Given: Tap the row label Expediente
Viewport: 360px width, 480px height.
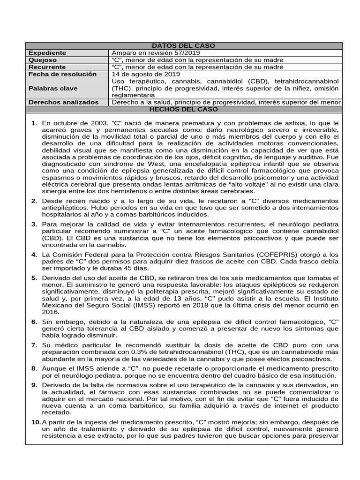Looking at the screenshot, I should tap(48, 53).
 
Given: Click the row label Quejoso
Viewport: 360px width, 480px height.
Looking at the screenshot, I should tap(43, 60).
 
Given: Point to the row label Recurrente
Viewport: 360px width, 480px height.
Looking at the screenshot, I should tap(47, 67).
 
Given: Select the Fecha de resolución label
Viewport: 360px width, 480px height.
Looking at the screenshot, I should tap(62, 74).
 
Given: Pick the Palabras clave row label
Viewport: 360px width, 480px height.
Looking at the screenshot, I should tap(53, 88).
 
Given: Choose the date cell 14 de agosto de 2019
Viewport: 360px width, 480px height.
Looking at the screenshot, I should tap(146, 74).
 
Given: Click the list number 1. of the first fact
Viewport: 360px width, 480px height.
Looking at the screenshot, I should tap(34, 123).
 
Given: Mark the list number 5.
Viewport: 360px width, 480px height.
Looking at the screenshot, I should tap(34, 278).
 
